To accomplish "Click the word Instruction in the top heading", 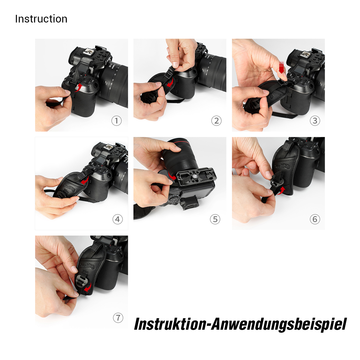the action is (41, 19).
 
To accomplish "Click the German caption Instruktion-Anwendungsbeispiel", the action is (240, 324).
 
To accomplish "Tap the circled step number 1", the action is (116, 121).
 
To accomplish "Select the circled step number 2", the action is (216, 121).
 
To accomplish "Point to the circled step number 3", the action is (315, 121).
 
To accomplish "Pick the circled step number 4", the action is (118, 219).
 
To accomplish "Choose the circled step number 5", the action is (215, 219).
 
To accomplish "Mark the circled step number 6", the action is (315, 219).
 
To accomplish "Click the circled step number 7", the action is (118, 318).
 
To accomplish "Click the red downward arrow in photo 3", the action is (281, 67).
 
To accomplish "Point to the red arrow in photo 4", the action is (85, 181).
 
